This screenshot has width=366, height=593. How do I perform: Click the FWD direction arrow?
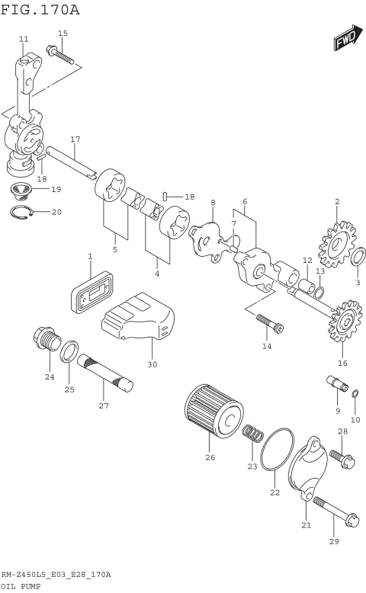click(345, 40)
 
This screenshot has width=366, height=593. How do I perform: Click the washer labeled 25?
click(69, 351)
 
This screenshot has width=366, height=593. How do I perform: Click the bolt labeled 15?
click(60, 56)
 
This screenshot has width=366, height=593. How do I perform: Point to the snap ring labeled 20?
click(24, 212)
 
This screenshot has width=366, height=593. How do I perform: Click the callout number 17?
click(75, 139)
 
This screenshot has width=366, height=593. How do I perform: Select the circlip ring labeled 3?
click(357, 259)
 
